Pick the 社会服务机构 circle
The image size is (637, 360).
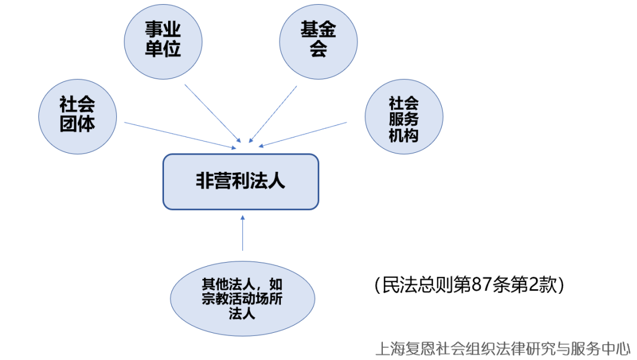pos(403,118)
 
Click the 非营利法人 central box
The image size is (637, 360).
pos(241,181)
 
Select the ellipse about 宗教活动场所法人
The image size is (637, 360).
pos(241,299)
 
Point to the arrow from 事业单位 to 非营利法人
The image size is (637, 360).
pos(213,113)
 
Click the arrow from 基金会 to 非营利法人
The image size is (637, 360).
pos(272,114)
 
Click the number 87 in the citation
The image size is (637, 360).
pos(480,286)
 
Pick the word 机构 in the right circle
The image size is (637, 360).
pos(403,135)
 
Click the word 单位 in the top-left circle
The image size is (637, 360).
pos(163,49)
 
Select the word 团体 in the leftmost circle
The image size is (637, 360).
pos(77,123)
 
